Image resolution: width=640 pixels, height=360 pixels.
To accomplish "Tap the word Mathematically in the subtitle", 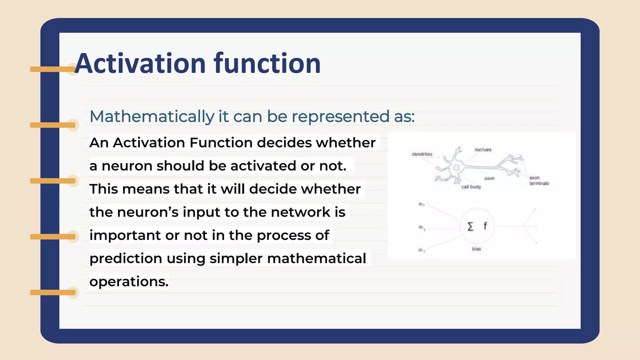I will (x=152, y=117).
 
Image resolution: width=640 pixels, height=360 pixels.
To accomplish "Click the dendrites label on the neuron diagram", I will (x=422, y=154).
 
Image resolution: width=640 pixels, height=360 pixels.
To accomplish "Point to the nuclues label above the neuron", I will (x=483, y=150).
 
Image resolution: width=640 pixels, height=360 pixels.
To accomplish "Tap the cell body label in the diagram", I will (x=471, y=187).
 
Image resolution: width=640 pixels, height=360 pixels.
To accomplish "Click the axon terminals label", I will (x=539, y=181).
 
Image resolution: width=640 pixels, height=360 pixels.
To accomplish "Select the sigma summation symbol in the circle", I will (x=470, y=226).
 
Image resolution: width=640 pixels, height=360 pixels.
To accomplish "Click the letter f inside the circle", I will (x=485, y=226).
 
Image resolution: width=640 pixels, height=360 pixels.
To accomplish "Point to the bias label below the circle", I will (x=476, y=249).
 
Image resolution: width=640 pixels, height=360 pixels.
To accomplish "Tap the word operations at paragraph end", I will (x=129, y=282).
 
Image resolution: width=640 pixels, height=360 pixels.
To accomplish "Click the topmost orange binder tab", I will (x=52, y=69).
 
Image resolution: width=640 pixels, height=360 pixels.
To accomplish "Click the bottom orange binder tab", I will (x=52, y=292).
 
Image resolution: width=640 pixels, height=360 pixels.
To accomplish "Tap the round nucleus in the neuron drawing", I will (x=456, y=168).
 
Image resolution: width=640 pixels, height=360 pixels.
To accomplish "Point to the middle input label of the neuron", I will (x=422, y=227).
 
